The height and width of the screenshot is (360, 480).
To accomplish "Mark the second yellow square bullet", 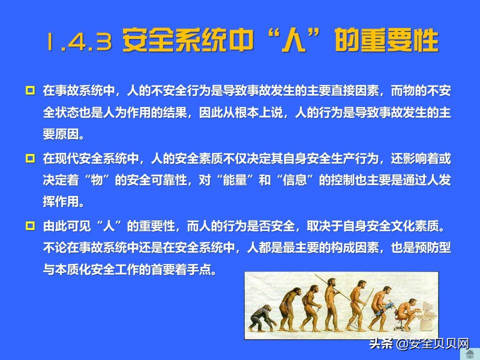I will [30, 159].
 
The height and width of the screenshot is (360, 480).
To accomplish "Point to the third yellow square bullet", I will [30, 226].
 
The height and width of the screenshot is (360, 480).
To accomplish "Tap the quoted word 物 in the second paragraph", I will [98, 181].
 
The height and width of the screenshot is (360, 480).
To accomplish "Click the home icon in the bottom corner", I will [469, 354].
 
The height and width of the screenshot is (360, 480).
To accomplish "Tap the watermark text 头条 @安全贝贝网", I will [419, 344].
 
